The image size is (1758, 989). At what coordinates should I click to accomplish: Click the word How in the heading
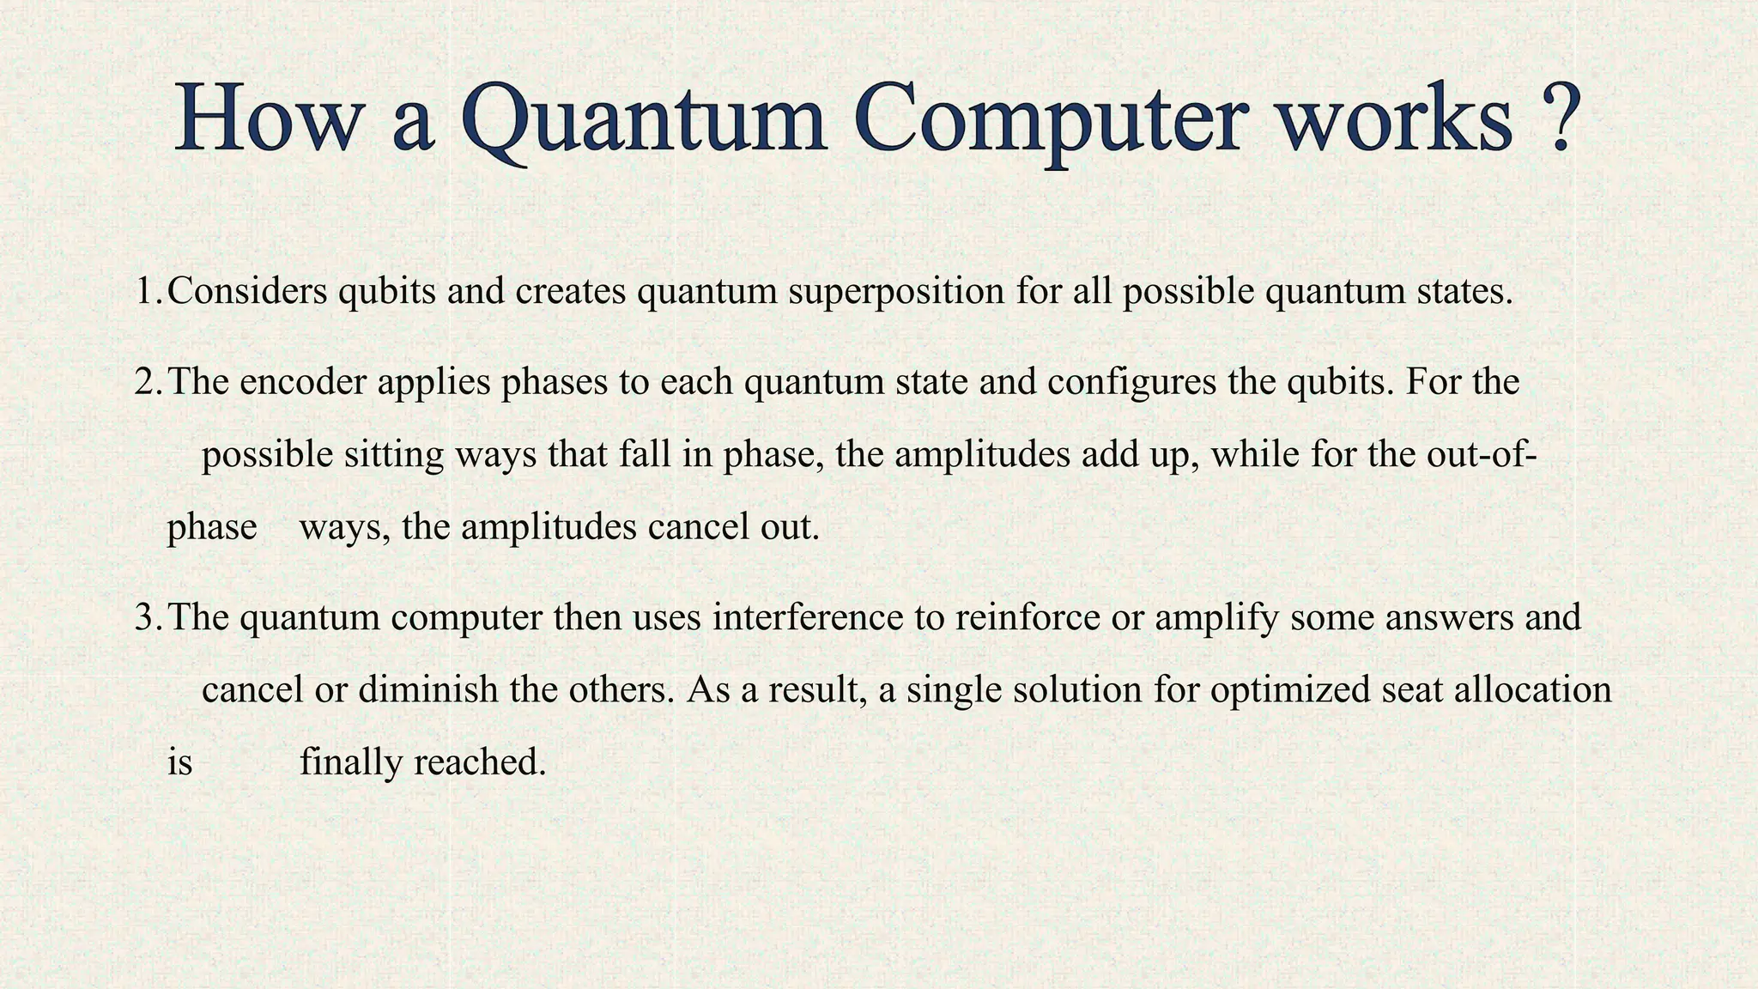(x=265, y=120)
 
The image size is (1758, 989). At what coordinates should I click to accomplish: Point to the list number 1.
(x=147, y=292)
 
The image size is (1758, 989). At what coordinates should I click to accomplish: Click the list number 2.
(x=147, y=382)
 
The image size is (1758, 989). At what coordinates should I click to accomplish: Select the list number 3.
(x=147, y=617)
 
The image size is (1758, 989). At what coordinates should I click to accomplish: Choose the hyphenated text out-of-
(x=1481, y=454)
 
